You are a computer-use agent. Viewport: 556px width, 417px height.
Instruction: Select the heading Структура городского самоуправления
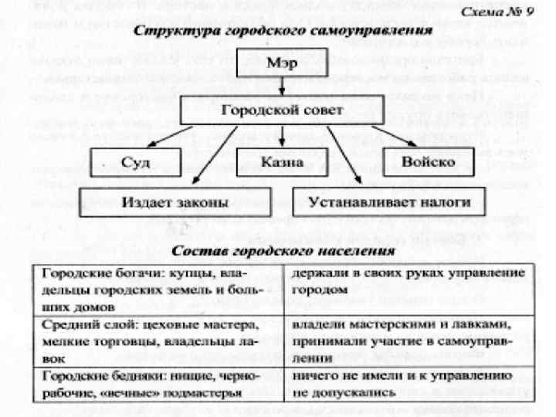281,32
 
